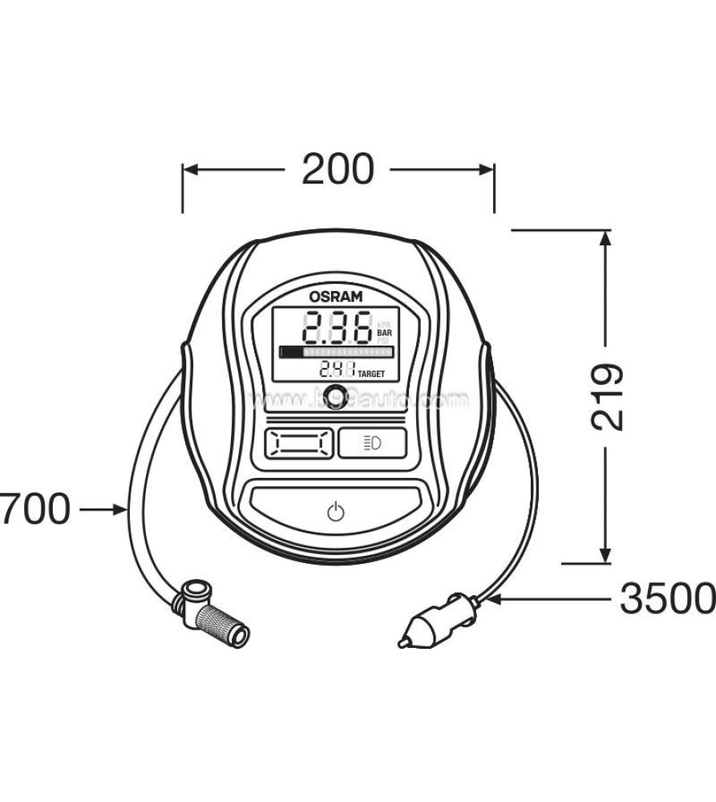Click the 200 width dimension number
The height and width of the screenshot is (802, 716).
pos(338,169)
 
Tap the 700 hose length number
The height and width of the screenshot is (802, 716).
pos(35,508)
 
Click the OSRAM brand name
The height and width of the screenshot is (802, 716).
pos(337,296)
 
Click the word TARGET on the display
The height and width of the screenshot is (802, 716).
pos(370,373)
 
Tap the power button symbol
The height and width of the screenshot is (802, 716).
pos(337,511)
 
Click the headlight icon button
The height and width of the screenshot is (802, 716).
pos(372,442)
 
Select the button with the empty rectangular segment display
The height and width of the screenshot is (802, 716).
pos(298,442)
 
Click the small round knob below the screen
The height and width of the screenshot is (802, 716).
pos(337,394)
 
